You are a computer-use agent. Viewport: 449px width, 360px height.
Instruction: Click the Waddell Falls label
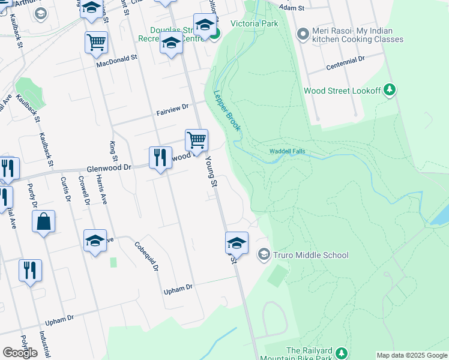(287, 151)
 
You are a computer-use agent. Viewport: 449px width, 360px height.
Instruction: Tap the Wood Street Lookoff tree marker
(390, 90)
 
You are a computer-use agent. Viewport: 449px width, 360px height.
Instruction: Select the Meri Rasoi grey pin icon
(303, 34)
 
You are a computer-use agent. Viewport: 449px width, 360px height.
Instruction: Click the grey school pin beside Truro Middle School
(263, 255)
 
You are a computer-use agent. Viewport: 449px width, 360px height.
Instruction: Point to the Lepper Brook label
(227, 111)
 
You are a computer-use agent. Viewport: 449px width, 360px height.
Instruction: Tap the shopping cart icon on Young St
(196, 140)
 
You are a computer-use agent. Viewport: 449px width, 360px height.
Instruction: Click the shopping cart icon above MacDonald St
(96, 42)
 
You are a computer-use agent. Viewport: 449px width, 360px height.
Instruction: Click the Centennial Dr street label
(346, 60)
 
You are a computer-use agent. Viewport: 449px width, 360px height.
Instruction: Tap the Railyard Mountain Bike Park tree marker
(342, 352)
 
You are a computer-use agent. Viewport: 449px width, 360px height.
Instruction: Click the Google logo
(20, 353)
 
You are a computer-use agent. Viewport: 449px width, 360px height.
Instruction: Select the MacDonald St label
(118, 61)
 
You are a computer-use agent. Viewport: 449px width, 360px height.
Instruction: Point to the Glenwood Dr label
(109, 169)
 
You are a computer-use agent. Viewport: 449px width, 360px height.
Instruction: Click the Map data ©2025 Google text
(411, 355)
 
